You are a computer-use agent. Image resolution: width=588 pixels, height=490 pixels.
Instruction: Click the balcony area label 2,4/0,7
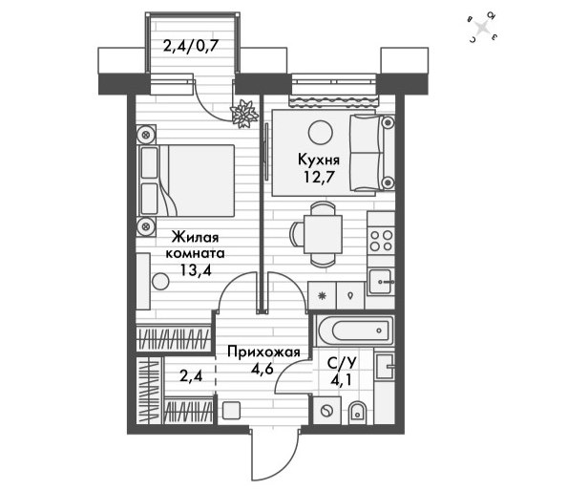point(191,47)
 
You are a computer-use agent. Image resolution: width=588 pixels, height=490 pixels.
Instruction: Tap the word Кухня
point(319,160)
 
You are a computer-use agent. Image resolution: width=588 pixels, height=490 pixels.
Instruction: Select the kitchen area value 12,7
point(319,177)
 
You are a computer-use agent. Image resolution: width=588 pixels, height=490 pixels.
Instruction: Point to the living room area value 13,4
point(196,269)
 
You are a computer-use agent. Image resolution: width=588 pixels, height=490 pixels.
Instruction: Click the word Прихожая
point(264,352)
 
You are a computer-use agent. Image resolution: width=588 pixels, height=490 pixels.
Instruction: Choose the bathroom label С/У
point(342,363)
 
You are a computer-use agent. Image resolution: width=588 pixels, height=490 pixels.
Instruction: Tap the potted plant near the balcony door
point(244,114)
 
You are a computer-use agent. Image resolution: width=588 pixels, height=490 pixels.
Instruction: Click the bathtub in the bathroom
point(355,330)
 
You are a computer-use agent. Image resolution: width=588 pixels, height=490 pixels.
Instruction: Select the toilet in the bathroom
point(357,413)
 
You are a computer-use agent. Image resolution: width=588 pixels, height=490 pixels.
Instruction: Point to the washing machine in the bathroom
point(326,411)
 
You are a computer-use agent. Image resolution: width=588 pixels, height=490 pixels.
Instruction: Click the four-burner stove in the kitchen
point(381,241)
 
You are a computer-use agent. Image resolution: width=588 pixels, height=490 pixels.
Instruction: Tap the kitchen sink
point(380,282)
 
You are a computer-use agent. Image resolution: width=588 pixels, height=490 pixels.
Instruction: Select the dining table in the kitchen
point(323,235)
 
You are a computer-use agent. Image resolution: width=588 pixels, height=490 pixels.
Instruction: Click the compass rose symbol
point(483,28)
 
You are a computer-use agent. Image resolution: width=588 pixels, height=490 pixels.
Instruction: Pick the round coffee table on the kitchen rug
point(321,132)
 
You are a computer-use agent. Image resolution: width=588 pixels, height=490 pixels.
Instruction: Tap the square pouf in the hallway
point(231,411)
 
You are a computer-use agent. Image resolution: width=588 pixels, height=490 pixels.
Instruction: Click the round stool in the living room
point(160,281)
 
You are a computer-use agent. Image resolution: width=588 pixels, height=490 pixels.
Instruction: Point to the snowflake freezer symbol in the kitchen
point(322,296)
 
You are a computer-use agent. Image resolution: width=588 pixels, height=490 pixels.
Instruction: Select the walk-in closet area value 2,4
point(191,375)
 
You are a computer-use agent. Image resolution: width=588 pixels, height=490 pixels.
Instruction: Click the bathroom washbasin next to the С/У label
point(385,367)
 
